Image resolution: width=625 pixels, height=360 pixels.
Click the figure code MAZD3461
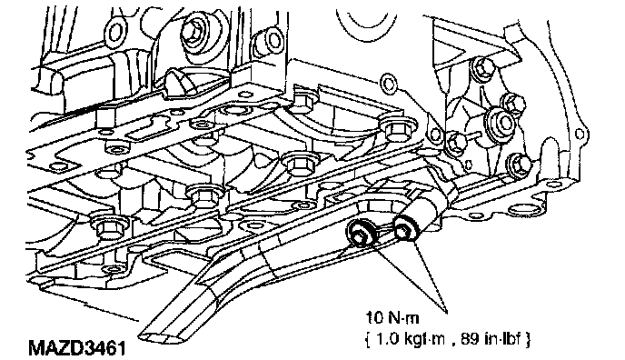[x=77, y=347]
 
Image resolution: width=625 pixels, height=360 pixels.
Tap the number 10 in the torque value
[x=374, y=318]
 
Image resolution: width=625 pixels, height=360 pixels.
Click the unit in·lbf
[x=502, y=339]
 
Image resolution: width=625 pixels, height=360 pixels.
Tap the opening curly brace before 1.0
[x=369, y=340]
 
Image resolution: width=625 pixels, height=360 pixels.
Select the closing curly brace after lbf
[x=528, y=340]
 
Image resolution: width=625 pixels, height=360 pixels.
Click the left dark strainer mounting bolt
[x=361, y=235]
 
